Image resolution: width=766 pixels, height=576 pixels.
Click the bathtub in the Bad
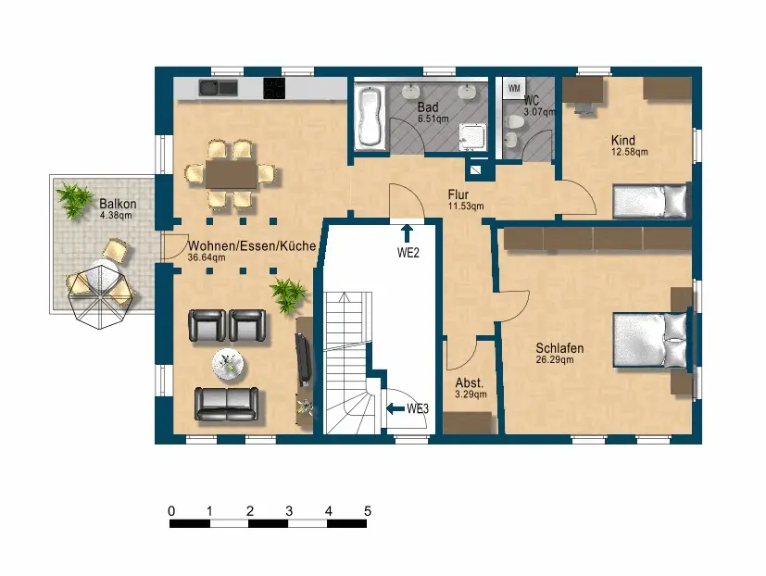point(371,117)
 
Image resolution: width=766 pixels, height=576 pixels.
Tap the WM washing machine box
point(514,88)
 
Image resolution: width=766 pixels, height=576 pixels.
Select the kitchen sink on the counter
point(218,88)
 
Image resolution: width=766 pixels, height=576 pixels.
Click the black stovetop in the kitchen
point(274,88)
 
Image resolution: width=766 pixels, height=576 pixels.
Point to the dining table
point(231,174)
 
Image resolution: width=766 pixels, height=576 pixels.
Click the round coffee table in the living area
point(228,364)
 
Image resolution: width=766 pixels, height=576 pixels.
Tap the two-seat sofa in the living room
point(227,404)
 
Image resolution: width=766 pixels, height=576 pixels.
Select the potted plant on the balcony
point(74,200)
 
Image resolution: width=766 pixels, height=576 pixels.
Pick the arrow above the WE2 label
point(407,234)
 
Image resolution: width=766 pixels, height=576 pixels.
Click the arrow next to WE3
point(396,408)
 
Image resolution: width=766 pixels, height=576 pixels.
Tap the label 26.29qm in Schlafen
point(555,360)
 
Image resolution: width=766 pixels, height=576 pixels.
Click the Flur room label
point(458,194)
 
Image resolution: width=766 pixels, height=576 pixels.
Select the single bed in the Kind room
point(650,201)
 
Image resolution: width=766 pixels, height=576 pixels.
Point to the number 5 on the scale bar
point(368,511)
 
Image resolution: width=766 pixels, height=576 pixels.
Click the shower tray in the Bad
point(472,137)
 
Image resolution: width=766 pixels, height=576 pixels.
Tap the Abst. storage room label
point(470,382)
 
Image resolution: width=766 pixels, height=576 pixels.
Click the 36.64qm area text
point(207,257)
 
